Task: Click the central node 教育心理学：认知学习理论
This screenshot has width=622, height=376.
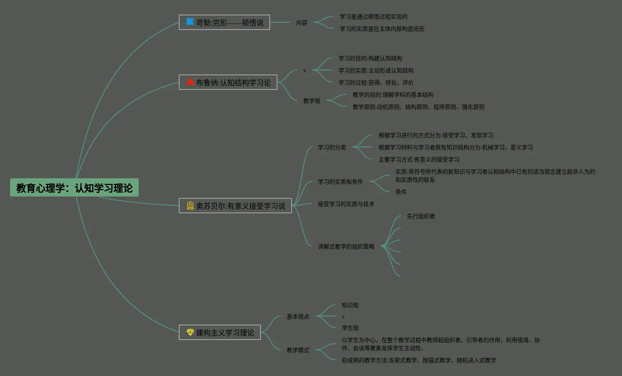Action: point(74,188)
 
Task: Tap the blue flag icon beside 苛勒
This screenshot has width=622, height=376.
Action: point(190,22)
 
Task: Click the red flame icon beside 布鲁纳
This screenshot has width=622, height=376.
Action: point(190,82)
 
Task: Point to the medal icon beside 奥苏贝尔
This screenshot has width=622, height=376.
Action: point(190,206)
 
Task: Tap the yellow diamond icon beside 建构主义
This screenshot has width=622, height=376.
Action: point(190,332)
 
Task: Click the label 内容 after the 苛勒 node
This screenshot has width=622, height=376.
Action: point(302,23)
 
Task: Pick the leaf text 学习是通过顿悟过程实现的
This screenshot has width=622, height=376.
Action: point(373,17)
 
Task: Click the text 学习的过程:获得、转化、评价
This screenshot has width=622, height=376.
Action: point(376,83)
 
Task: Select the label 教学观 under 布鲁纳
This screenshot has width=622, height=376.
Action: point(311,101)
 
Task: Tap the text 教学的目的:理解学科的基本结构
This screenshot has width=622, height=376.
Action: point(393,95)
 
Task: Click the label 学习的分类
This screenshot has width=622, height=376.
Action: point(332,147)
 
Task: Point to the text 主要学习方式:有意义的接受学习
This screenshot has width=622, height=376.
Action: point(419,159)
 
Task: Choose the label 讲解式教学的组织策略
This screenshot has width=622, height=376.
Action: point(346,246)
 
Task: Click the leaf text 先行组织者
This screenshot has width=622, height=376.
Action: point(421,216)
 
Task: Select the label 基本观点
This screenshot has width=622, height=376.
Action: point(298,317)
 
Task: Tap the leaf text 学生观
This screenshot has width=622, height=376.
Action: point(350,328)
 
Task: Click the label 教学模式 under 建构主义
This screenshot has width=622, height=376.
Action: point(298,350)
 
